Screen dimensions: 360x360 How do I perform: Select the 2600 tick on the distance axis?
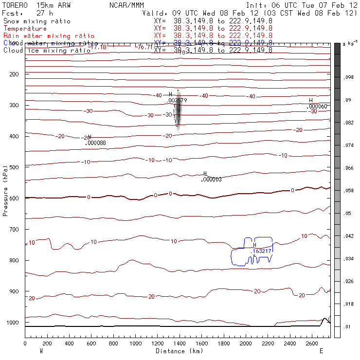click(312, 343)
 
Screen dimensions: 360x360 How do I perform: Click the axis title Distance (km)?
click(179, 351)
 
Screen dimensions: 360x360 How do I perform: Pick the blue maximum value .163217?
click(262, 251)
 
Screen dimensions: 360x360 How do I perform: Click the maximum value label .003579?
click(178, 100)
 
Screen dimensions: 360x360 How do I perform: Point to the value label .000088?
click(95, 143)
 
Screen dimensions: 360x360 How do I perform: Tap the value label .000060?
click(318, 107)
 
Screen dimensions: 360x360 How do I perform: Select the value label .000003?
click(211, 180)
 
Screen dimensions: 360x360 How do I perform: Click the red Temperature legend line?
click(25, 29)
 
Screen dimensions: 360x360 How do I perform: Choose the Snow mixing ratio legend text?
click(37, 21)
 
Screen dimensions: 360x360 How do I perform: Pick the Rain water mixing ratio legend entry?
click(49, 36)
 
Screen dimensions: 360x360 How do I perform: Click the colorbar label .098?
click(348, 78)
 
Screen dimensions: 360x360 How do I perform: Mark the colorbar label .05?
click(347, 214)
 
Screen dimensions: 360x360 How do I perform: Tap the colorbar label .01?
click(347, 327)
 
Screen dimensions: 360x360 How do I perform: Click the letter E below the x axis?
click(321, 351)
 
